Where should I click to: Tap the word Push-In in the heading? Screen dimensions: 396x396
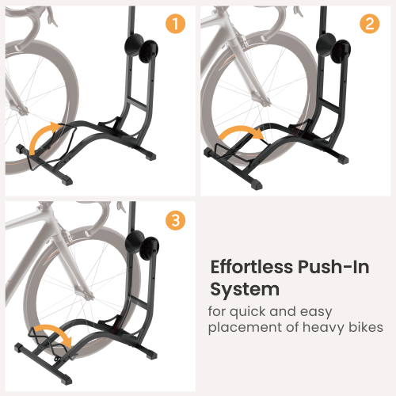coord(340,267)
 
